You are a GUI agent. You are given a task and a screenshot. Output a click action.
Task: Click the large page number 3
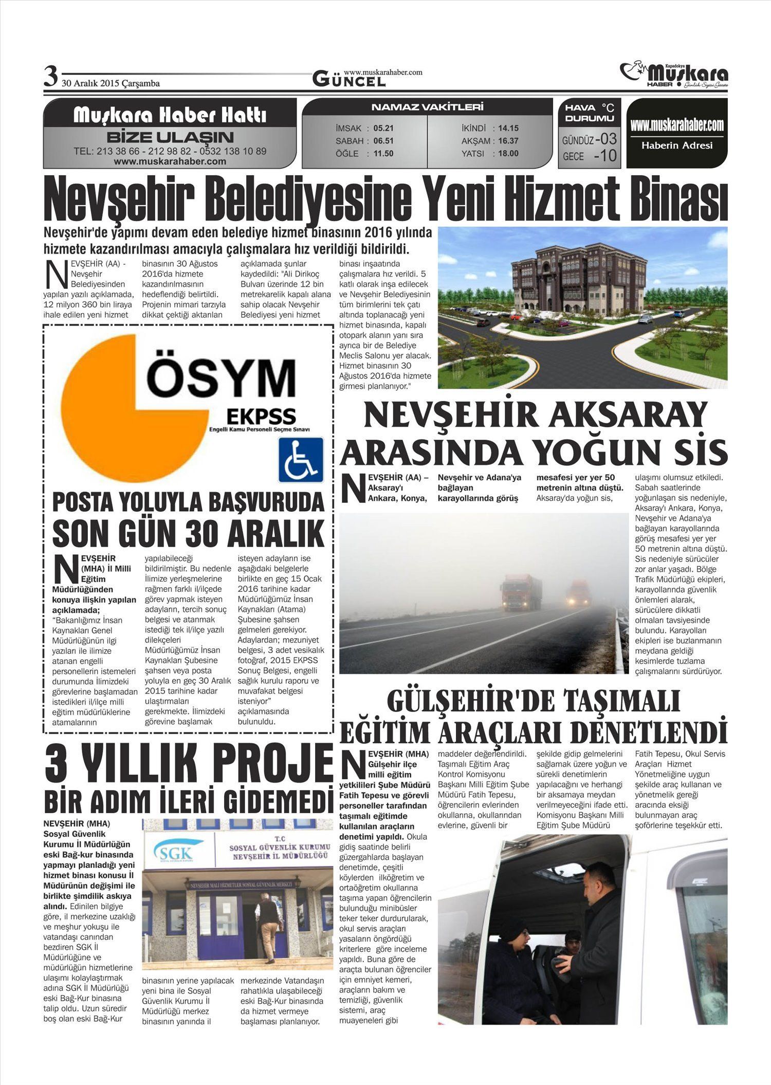50,77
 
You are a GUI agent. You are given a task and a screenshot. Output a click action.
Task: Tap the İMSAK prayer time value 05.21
383,128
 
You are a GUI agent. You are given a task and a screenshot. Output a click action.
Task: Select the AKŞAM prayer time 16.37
508,140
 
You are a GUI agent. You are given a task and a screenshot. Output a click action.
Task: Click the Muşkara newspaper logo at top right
674,74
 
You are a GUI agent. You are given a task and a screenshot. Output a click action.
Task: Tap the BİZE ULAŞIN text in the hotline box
170,137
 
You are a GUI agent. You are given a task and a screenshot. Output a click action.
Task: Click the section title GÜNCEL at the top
348,80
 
